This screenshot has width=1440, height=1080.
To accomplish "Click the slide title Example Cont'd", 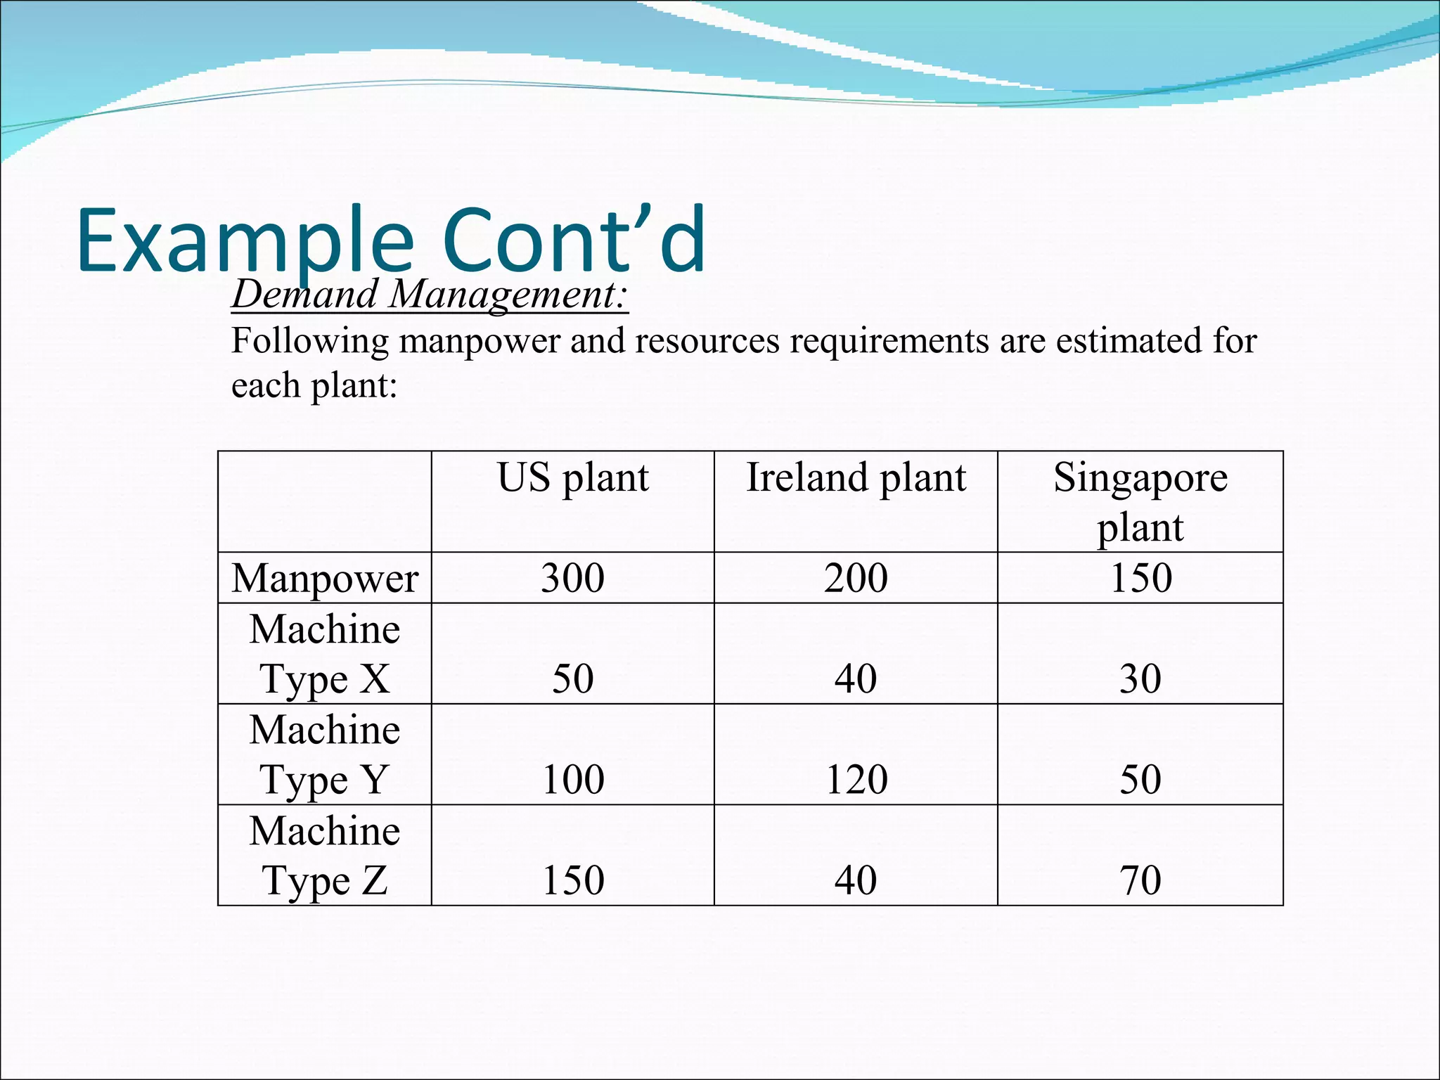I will point(391,240).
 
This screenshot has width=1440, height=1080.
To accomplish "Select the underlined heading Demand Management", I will point(429,294).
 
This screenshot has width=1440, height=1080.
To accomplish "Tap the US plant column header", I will point(572,477).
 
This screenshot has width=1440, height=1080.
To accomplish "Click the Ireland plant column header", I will point(856,477).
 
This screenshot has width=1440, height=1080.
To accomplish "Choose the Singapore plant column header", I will point(1140,501).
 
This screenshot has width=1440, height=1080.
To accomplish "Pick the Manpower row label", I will point(325,578).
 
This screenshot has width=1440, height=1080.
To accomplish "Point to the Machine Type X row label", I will point(325,653).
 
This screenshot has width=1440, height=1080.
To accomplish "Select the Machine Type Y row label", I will point(325,754).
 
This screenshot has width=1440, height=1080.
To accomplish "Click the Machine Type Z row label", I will point(325,855).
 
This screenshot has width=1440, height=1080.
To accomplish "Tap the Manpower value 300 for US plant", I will point(572,578).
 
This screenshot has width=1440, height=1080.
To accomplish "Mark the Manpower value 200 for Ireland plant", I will point(856,578).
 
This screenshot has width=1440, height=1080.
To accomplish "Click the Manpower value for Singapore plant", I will point(1140,578).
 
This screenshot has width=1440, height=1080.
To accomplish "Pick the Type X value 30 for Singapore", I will point(1140,679).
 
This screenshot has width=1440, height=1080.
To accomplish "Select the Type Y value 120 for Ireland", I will point(856,780).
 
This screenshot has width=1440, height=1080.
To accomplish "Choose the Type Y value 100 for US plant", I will point(573,780).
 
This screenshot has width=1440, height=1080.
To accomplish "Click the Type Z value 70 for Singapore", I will point(1140,880).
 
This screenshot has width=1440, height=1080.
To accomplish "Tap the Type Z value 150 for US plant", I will point(573,880).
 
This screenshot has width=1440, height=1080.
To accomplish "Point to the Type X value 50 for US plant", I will point(572,679).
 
